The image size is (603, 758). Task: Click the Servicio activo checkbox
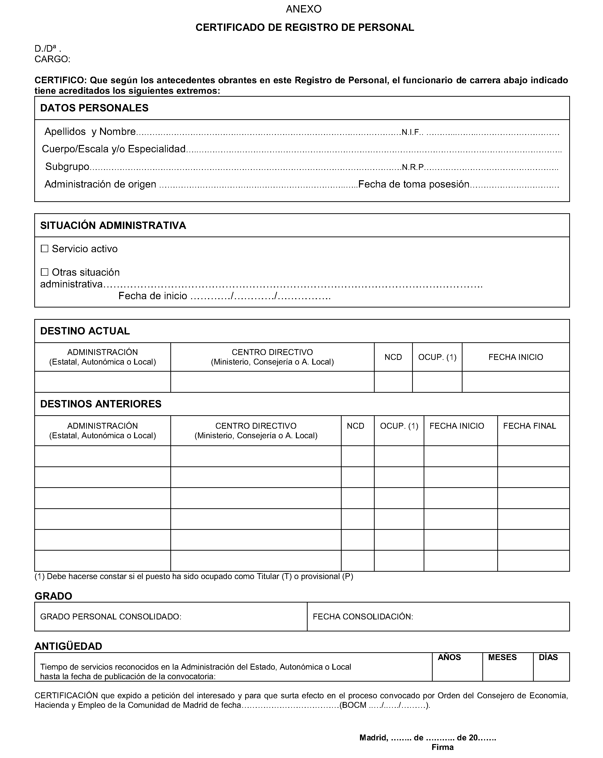(x=44, y=249)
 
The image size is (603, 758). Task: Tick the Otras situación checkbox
(x=44, y=272)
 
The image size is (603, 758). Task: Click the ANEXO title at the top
(x=304, y=9)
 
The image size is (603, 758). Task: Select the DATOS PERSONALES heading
(x=94, y=108)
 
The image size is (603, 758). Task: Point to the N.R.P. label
(x=413, y=167)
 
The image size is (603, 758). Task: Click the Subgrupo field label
(x=67, y=167)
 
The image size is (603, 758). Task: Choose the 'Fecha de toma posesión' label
(x=414, y=184)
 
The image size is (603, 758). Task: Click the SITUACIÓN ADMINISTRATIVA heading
(x=113, y=225)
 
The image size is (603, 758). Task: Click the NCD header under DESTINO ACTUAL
(x=393, y=357)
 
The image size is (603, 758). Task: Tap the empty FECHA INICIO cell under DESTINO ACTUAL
(x=515, y=382)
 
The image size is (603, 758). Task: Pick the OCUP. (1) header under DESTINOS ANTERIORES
(x=399, y=426)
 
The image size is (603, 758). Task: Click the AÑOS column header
(x=449, y=657)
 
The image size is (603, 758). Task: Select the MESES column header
(x=502, y=657)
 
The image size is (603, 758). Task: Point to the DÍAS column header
(x=548, y=657)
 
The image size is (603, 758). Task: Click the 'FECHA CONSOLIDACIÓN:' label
(x=363, y=617)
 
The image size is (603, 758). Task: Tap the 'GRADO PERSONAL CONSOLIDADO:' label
(x=111, y=617)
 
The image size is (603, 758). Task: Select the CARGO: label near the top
(x=52, y=59)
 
